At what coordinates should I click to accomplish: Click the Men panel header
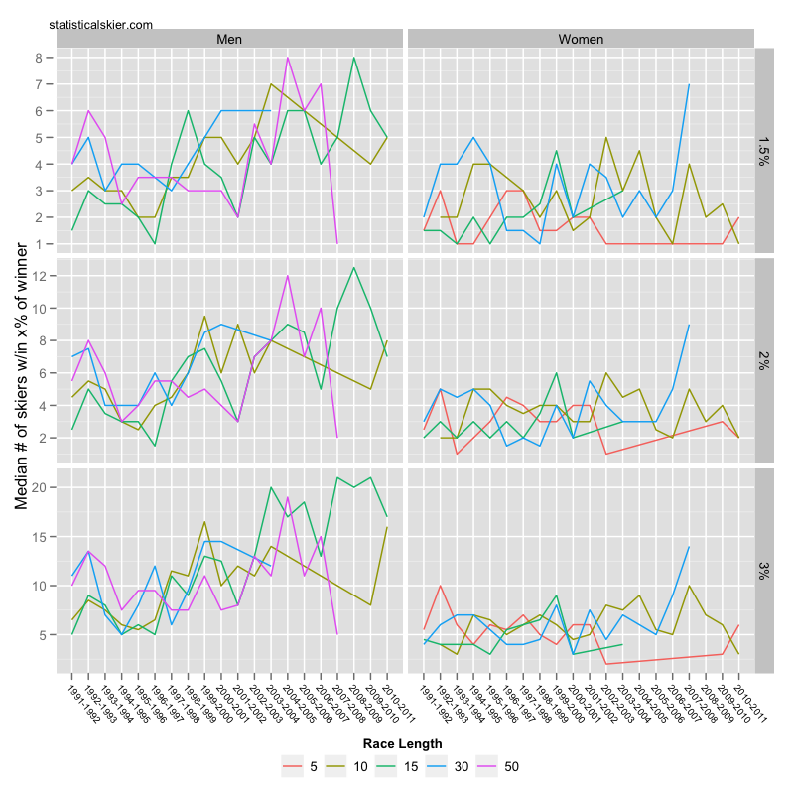(x=229, y=39)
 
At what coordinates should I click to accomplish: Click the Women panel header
(x=581, y=39)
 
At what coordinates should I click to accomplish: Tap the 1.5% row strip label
(x=765, y=151)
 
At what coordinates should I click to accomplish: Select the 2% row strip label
(x=765, y=360)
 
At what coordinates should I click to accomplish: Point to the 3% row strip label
(x=765, y=570)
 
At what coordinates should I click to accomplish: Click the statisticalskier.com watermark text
(x=100, y=23)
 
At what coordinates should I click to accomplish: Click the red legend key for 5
(x=293, y=765)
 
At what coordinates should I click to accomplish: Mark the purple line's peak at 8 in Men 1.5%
(x=288, y=58)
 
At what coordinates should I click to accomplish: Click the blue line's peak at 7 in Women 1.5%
(x=688, y=84)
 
